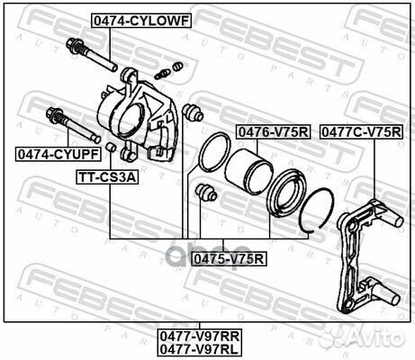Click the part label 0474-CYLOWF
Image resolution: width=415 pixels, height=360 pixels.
coord(139,18)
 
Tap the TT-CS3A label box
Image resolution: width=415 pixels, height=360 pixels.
coord(106,176)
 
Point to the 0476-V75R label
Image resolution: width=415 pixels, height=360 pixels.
coord(273,131)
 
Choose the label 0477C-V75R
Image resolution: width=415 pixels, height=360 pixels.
coord(362,131)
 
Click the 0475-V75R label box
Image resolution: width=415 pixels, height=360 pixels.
coord(229,259)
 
